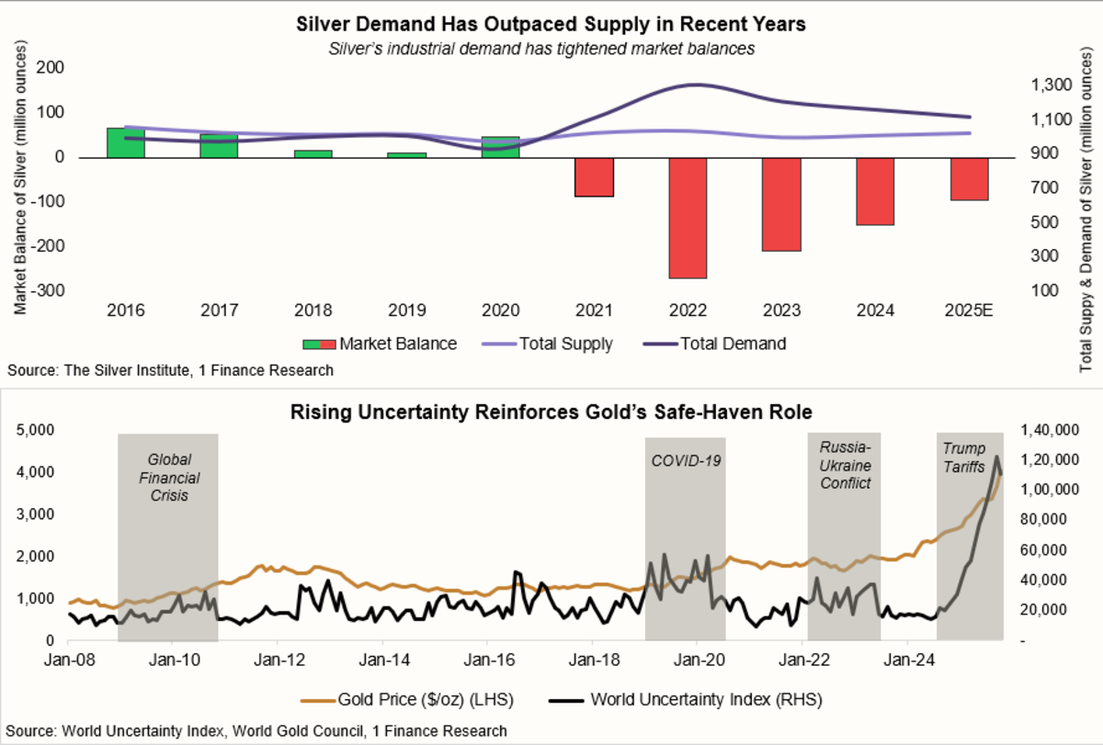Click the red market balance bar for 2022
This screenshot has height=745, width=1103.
688,218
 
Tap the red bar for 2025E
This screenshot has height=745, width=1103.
970,178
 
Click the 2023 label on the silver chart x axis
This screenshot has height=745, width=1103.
781,310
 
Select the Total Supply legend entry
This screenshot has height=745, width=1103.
548,344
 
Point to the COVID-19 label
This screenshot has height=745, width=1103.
685,459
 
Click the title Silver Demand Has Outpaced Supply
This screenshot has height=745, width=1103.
551,25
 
